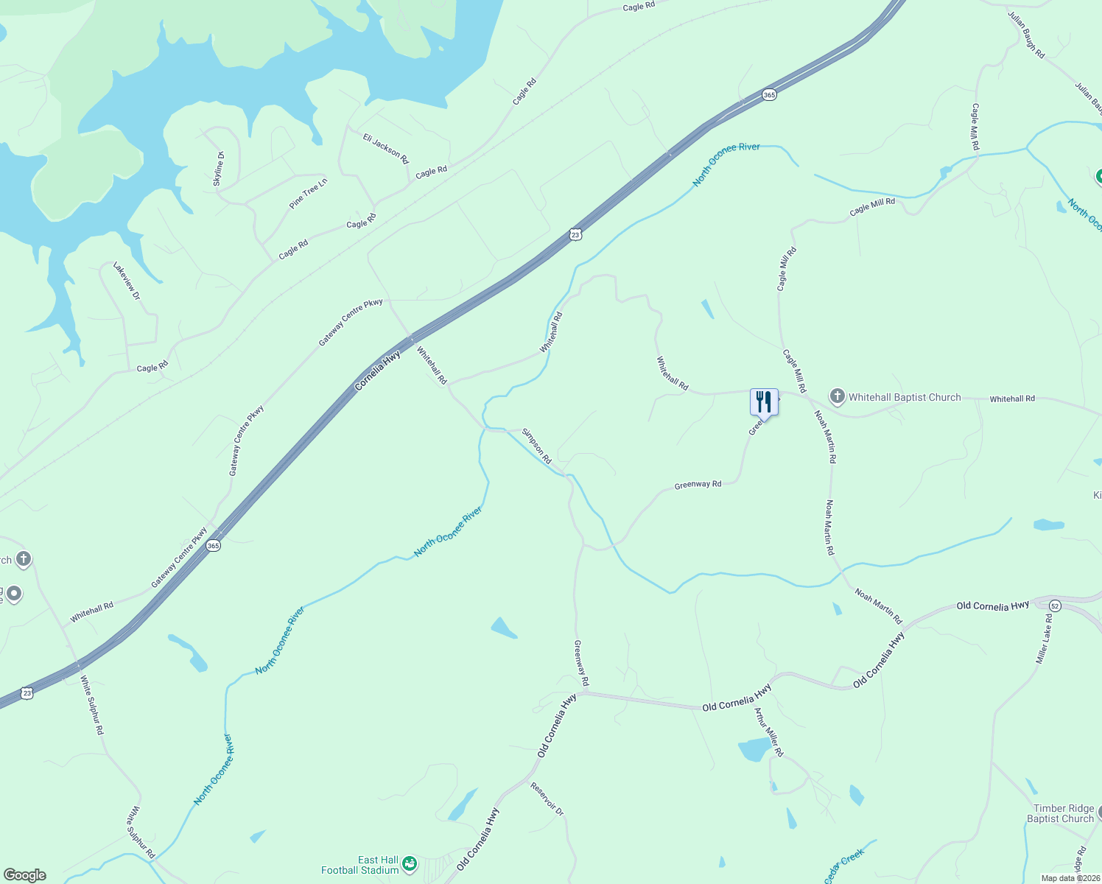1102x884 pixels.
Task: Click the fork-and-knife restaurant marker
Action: (763, 402)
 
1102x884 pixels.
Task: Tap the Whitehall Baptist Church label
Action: (905, 397)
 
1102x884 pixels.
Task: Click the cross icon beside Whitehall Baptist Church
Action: (837, 396)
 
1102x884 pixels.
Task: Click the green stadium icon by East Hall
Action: (410, 863)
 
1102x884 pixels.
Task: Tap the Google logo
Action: (24, 875)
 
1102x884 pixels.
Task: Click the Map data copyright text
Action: (1070, 878)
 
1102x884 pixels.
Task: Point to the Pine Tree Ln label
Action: (308, 193)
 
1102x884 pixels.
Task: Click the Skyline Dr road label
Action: (219, 169)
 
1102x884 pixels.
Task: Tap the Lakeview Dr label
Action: (126, 281)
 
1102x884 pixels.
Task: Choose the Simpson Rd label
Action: (536, 446)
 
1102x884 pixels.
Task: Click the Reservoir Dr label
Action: (547, 799)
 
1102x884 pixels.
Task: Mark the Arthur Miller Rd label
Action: (768, 732)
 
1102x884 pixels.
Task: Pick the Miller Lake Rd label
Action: (1045, 638)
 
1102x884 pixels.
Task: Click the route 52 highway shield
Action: (1055, 606)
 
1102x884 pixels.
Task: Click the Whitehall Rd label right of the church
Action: (1011, 399)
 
